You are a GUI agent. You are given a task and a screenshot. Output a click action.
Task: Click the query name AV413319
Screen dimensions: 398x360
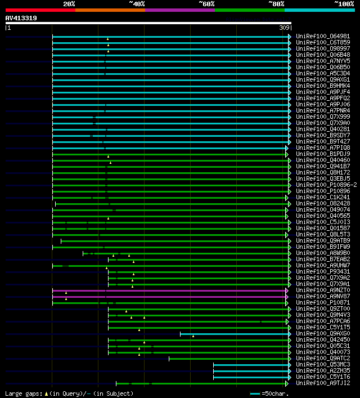click(x=21, y=18)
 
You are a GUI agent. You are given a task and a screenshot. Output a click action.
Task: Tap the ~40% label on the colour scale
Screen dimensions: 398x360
click(x=137, y=4)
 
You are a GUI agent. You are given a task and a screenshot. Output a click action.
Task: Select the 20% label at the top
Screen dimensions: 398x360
click(x=69, y=4)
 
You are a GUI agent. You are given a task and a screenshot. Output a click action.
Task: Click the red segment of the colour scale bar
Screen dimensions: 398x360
click(x=40, y=10)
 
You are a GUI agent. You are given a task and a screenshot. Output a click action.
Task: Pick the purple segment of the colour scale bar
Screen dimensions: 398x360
click(x=179, y=10)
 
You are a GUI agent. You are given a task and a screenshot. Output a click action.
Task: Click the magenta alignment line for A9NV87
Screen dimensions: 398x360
click(x=169, y=296)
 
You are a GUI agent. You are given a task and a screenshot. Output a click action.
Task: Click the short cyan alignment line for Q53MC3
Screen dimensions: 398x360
click(x=250, y=364)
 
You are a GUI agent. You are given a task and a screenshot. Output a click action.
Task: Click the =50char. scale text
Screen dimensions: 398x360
click(x=276, y=393)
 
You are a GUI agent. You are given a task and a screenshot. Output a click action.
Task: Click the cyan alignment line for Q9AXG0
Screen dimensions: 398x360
click(x=233, y=333)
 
